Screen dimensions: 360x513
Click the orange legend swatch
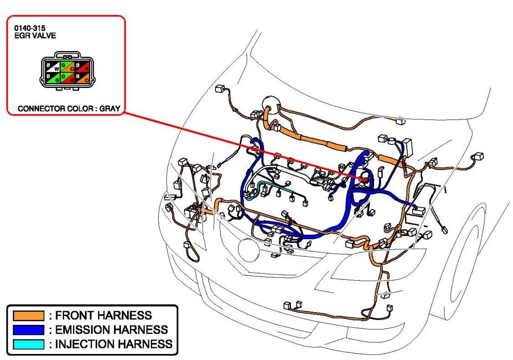[29, 315]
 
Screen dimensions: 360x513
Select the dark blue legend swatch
[29, 329]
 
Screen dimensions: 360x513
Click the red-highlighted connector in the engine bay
[364, 178]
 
